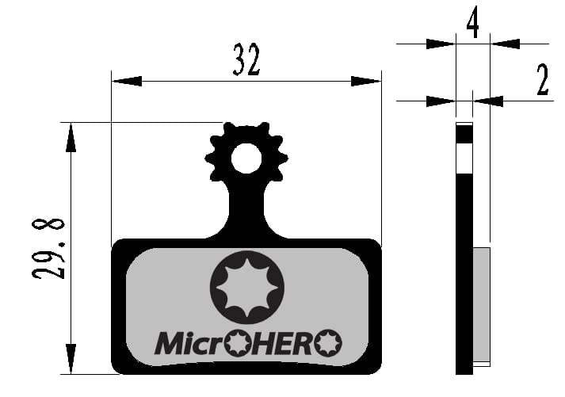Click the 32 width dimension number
[x=246, y=60]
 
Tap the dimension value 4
[x=472, y=25]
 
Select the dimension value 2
[x=542, y=81]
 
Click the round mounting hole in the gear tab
[x=246, y=158]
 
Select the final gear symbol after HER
[x=327, y=344]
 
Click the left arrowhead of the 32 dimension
[x=127, y=81]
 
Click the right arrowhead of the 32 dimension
[x=365, y=81]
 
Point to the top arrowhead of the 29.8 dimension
[x=71, y=137]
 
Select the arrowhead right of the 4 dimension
[x=505, y=44]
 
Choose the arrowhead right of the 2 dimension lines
[x=489, y=101]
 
